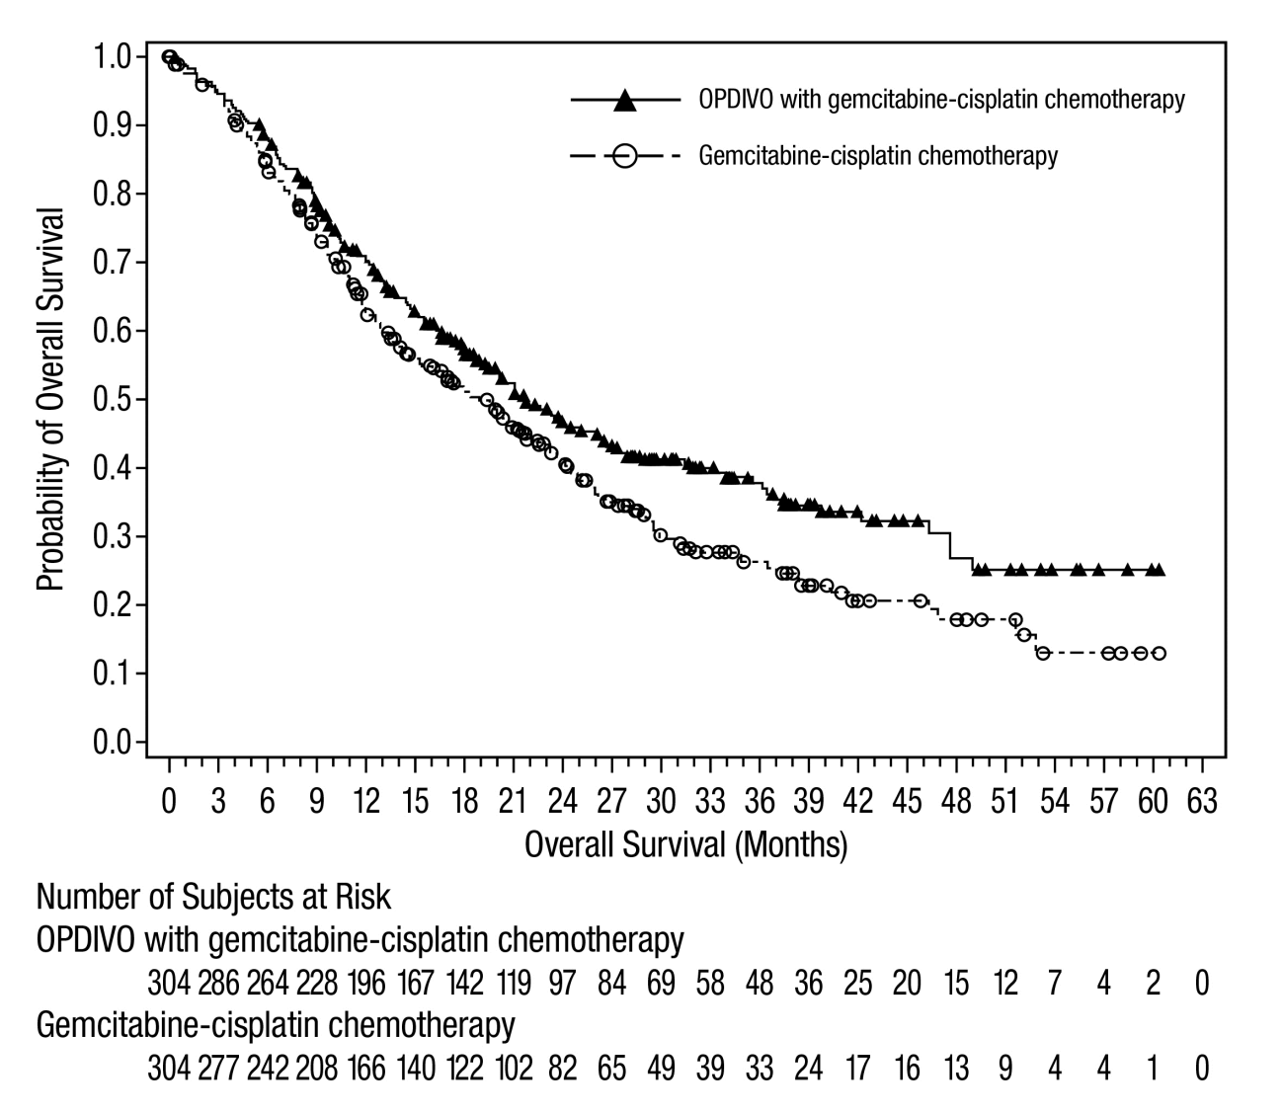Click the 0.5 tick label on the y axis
(x=112, y=399)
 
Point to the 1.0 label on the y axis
(x=112, y=57)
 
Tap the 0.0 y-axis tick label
(x=112, y=742)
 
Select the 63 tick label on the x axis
(x=1202, y=801)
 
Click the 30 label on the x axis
(x=661, y=801)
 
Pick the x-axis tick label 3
(x=218, y=801)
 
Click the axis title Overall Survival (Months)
(x=686, y=845)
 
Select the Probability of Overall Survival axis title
(x=50, y=399)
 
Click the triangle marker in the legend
(x=624, y=101)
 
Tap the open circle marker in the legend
(x=624, y=155)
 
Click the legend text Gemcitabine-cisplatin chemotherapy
(x=878, y=156)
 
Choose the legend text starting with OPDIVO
(x=942, y=101)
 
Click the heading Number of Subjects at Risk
(x=213, y=897)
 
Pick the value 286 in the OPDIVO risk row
(x=218, y=983)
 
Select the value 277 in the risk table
(x=218, y=1068)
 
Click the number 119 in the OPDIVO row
(x=514, y=983)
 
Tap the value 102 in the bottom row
(x=514, y=1068)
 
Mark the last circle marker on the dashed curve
(x=1160, y=653)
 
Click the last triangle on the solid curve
(x=1159, y=570)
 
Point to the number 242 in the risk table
(x=268, y=1068)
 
